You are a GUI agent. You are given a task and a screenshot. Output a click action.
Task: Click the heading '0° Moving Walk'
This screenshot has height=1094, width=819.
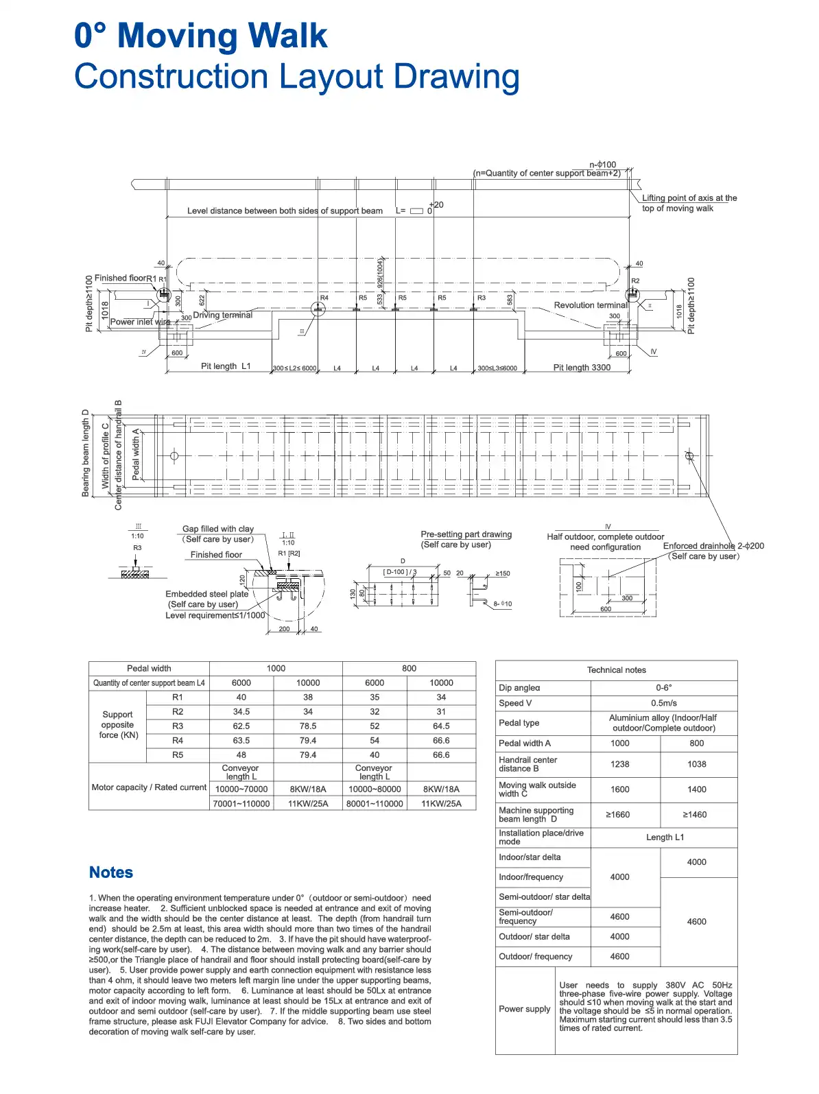[200, 36]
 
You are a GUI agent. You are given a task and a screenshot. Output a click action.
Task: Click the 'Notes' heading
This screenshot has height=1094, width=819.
[111, 872]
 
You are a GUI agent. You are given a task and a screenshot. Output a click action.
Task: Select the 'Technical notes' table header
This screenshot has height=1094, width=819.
[616, 670]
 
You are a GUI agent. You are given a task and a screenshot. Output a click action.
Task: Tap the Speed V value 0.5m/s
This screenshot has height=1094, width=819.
[663, 703]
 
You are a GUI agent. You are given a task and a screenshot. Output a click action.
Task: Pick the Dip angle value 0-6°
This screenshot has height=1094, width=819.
[663, 687]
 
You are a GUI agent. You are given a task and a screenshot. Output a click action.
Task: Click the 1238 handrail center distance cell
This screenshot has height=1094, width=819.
[619, 764]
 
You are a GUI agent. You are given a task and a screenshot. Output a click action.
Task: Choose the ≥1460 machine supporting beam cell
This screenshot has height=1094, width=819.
[696, 815]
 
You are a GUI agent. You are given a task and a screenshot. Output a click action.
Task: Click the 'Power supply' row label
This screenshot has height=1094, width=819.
[525, 1009]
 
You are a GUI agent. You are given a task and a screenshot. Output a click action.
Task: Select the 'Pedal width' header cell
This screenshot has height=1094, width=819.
[149, 668]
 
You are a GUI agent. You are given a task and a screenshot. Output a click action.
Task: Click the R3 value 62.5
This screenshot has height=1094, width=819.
[241, 726]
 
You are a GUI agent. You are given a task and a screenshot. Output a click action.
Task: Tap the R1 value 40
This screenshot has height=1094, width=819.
[241, 697]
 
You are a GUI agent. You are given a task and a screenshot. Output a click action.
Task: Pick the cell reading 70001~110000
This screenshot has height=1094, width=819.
[241, 803]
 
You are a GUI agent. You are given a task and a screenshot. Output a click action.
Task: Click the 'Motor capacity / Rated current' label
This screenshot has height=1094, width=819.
[149, 787]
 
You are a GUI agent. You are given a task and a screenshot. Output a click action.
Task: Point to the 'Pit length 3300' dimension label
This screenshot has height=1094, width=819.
[582, 368]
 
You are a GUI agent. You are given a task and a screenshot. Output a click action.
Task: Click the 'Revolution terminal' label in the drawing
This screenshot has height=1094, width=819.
[590, 305]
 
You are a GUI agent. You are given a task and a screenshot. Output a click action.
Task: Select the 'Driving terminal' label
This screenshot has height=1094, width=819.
[222, 316]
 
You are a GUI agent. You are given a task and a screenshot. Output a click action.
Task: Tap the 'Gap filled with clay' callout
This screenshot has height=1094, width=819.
[217, 529]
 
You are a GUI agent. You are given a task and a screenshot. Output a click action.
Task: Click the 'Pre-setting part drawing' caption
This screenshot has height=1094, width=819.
[466, 534]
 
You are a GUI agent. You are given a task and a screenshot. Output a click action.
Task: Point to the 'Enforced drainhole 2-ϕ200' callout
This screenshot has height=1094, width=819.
[713, 546]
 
